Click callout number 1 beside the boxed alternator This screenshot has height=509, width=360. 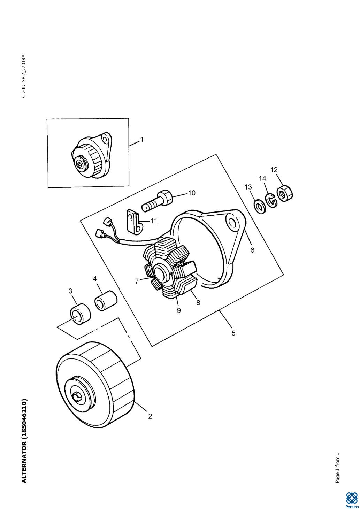[142, 139]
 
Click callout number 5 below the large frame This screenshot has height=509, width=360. [233, 333]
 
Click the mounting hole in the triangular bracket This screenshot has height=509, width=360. [232, 223]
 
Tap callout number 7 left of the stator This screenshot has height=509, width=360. [137, 281]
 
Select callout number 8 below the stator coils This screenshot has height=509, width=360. [198, 303]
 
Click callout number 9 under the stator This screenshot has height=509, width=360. [179, 310]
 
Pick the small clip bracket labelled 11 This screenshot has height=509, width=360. [134, 222]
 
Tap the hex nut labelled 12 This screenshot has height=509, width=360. [285, 194]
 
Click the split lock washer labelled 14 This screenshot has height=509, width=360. [271, 200]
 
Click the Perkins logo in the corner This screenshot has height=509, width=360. [351, 499]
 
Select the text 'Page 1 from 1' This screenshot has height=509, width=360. [337, 468]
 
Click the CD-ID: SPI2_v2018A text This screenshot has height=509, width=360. [24, 76]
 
